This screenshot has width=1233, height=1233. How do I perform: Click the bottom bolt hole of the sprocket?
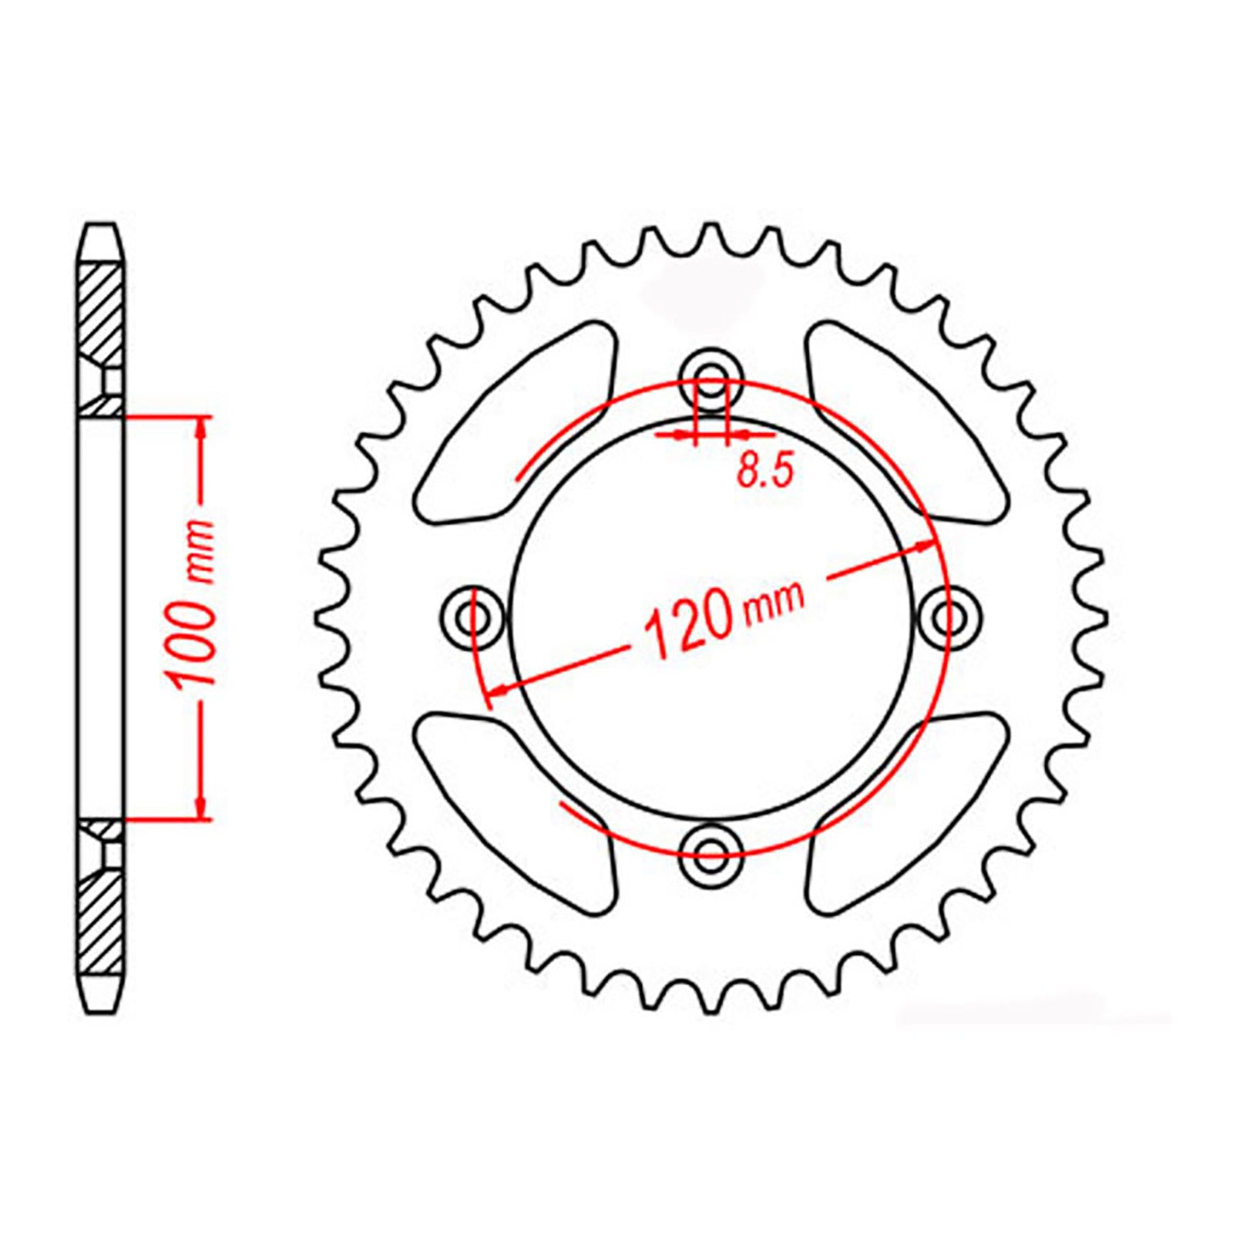pyautogui.click(x=711, y=850)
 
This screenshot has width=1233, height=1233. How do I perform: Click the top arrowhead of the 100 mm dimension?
pyautogui.click(x=203, y=428)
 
